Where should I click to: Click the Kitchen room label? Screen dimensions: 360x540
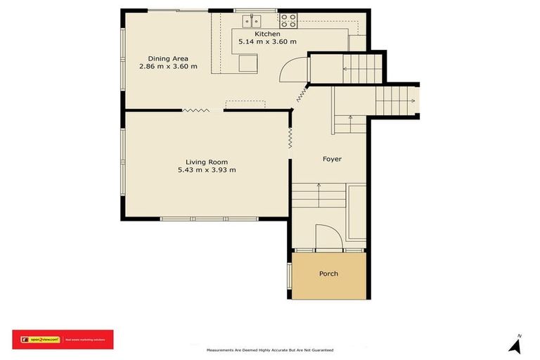click(x=267, y=34)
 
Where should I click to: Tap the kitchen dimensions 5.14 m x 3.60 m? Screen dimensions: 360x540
click(x=267, y=42)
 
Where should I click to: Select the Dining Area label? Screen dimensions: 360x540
click(x=168, y=58)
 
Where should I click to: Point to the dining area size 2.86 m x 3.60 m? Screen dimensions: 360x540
click(x=168, y=67)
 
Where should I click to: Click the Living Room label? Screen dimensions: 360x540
click(x=207, y=162)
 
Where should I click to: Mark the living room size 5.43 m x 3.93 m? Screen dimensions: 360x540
click(x=207, y=170)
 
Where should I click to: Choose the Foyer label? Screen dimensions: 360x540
click(x=332, y=159)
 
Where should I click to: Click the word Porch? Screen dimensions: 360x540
click(x=328, y=274)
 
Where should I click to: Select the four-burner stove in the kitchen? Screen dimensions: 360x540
click(x=288, y=20)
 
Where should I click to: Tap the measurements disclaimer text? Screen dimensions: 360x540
click(x=269, y=349)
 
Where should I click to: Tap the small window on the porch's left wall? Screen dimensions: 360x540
click(x=289, y=276)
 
